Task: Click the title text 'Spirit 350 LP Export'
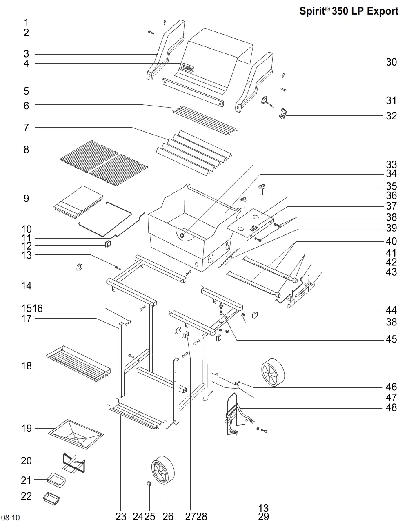tap(349, 11)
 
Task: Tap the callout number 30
tap(391, 62)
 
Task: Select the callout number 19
tap(27, 428)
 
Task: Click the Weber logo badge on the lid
tap(188, 67)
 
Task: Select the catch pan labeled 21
tap(56, 480)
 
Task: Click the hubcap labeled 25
tap(149, 484)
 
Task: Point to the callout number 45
tap(391, 339)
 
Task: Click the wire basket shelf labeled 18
tap(78, 364)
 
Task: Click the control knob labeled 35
tap(262, 189)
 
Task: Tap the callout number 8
tap(26, 149)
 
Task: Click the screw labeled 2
tap(151, 32)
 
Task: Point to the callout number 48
tap(391, 407)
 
